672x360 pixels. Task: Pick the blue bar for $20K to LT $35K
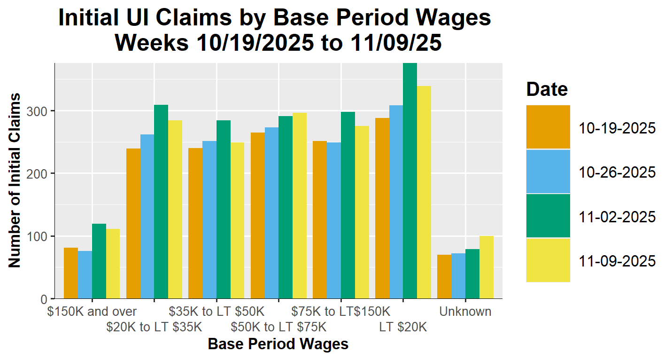pyautogui.click(x=147, y=216)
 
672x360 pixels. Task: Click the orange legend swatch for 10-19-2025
pyautogui.click(x=548, y=127)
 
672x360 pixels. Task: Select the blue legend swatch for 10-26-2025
pyautogui.click(x=548, y=172)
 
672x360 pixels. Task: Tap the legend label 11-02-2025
pyautogui.click(x=617, y=217)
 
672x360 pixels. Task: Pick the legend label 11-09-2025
pyautogui.click(x=617, y=261)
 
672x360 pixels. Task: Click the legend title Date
pyautogui.click(x=547, y=89)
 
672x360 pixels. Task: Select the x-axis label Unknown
pyautogui.click(x=465, y=311)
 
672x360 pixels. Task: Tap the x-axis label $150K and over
pyautogui.click(x=92, y=311)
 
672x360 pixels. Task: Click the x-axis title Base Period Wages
pyautogui.click(x=278, y=344)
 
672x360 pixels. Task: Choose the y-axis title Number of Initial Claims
pyautogui.click(x=15, y=180)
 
